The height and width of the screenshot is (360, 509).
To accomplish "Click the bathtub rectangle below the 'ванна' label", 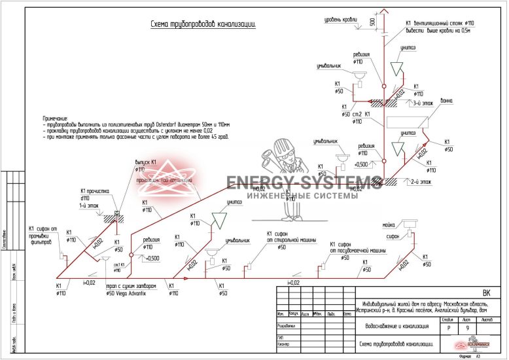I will coord(405,121).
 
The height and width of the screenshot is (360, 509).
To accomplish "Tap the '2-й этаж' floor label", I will coord(419,181).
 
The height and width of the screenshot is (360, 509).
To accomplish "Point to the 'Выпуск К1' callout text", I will coord(146,161).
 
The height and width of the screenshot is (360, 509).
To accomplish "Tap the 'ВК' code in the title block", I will coord(486,293).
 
